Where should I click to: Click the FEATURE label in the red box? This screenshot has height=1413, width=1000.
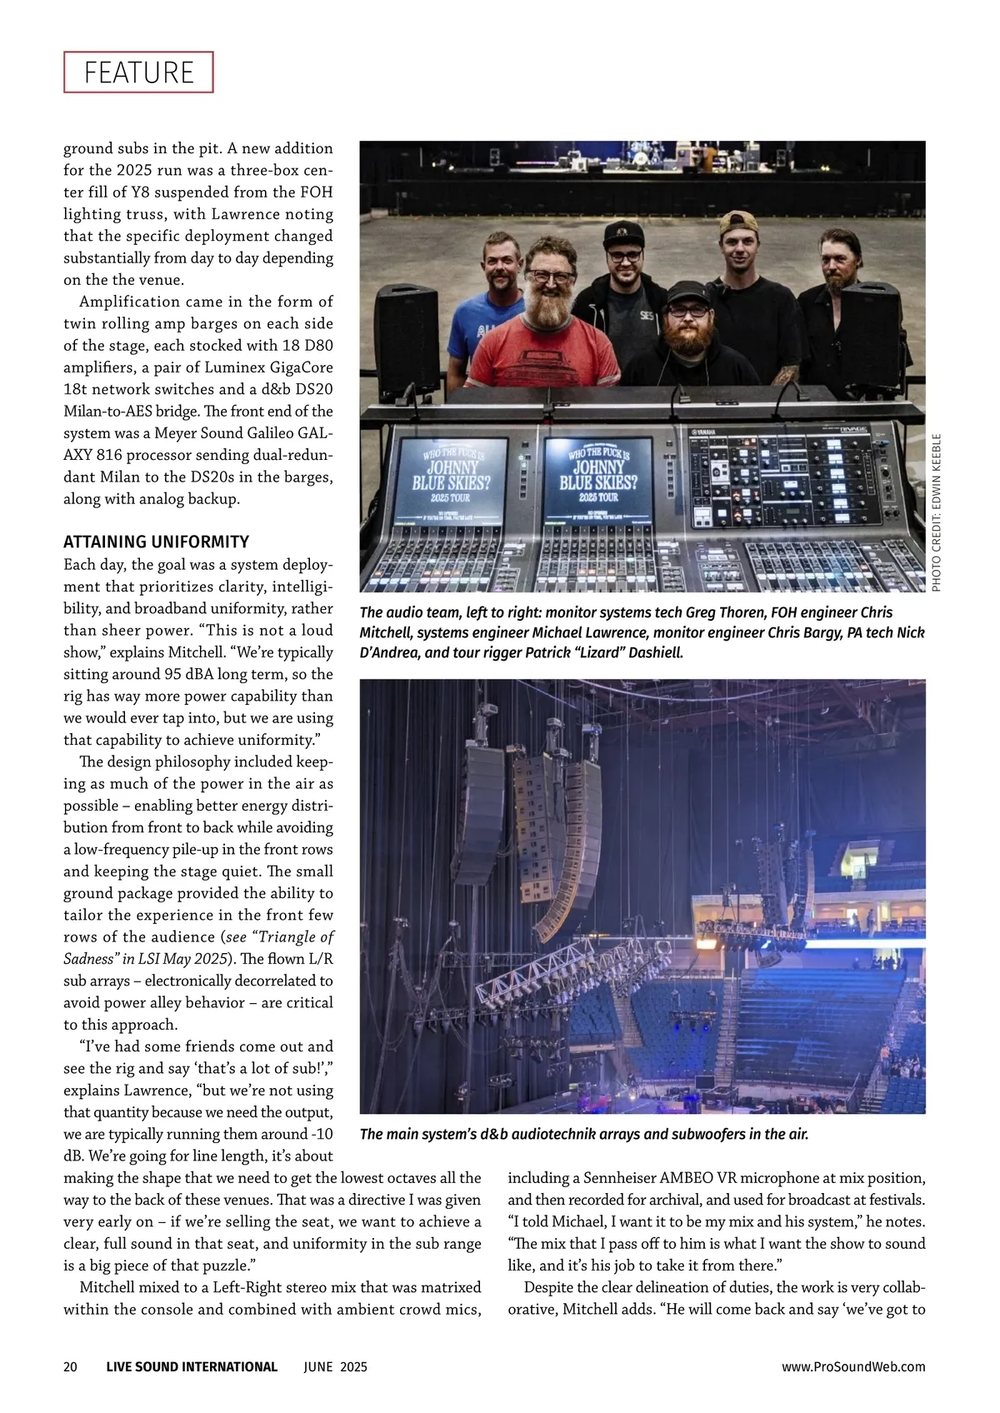tap(138, 72)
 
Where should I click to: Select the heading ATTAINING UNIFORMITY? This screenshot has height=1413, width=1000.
tap(157, 542)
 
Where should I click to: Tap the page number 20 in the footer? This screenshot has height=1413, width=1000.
tap(71, 1366)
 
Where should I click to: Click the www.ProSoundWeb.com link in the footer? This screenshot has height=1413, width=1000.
tap(853, 1366)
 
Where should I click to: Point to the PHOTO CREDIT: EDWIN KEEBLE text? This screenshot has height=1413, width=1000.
tap(936, 512)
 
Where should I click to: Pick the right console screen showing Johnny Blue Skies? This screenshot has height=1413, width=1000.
tap(597, 477)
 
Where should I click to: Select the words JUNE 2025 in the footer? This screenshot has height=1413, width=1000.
tap(335, 1366)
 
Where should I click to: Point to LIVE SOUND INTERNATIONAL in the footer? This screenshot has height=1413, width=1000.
tap(192, 1366)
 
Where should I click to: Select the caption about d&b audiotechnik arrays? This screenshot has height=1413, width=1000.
tap(584, 1134)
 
